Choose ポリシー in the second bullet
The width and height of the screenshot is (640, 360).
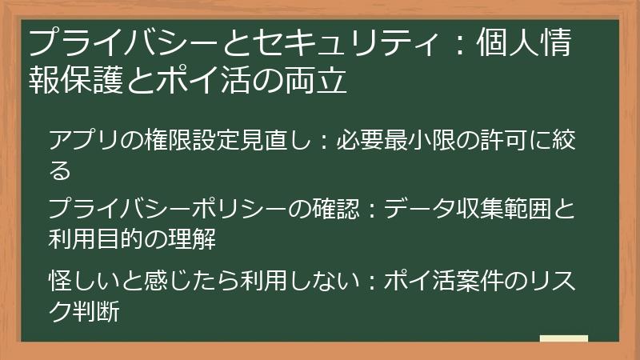[x=233, y=210]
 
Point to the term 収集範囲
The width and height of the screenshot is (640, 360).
[x=503, y=210]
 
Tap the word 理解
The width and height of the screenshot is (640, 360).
[x=195, y=237]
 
